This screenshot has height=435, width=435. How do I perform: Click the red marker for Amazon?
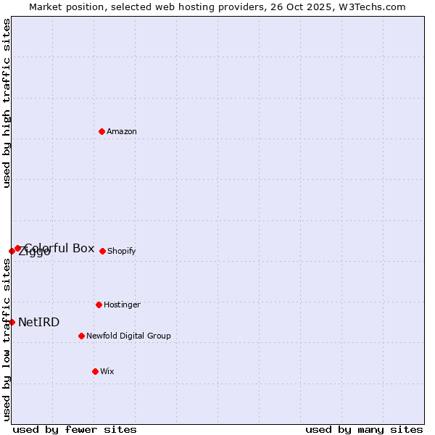[x=101, y=131]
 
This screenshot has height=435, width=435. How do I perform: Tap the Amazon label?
[x=122, y=131]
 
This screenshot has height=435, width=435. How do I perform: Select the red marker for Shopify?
[x=102, y=251]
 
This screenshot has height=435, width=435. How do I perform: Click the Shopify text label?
[x=122, y=251]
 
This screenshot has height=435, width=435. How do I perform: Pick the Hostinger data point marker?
[x=99, y=304]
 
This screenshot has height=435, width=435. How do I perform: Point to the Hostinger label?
[x=122, y=304]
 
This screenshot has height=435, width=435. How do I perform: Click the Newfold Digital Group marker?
[x=81, y=336]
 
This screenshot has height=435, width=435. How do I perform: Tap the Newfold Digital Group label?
[x=128, y=336]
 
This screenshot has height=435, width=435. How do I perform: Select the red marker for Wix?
[x=95, y=371]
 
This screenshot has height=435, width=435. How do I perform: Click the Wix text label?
[x=107, y=371]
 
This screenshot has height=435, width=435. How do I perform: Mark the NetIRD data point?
[x=12, y=322]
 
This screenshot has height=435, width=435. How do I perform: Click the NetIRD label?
[x=39, y=322]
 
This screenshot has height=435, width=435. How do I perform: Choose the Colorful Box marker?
[x=17, y=248]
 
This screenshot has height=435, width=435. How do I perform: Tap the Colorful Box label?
[x=59, y=248]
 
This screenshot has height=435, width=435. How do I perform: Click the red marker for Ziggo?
[x=12, y=251]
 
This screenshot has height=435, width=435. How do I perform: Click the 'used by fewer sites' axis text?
[x=75, y=429]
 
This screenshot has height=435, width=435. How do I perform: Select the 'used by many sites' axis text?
[x=364, y=429]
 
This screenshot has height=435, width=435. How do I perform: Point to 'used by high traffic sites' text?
[x=7, y=103]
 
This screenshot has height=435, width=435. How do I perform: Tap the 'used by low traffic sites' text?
[x=7, y=339]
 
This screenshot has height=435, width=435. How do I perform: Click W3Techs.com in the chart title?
[x=370, y=7]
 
